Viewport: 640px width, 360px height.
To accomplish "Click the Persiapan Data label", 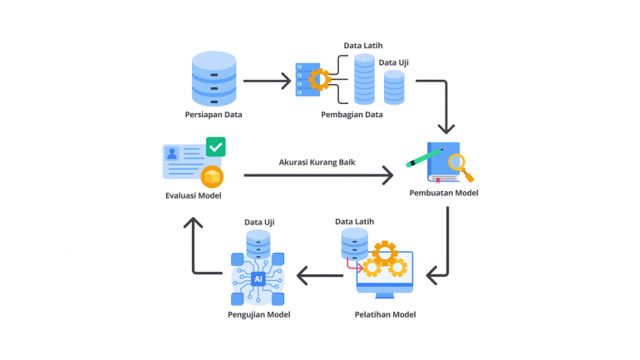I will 214,114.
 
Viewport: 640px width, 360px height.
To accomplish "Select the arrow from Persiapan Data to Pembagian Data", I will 267,81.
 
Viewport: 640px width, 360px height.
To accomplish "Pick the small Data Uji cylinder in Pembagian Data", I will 393,86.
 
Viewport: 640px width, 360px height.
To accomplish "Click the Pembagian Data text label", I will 352,115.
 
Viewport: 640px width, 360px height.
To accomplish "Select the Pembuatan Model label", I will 444,193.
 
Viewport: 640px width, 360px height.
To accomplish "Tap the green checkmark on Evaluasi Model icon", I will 216,147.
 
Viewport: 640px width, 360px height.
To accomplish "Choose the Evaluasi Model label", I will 193,195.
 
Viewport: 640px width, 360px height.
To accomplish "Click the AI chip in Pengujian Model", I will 258,280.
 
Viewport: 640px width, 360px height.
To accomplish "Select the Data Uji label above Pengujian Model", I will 258,222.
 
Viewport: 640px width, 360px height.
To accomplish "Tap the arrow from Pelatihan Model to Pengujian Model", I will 321,274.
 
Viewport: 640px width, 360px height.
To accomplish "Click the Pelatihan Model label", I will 385,314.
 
